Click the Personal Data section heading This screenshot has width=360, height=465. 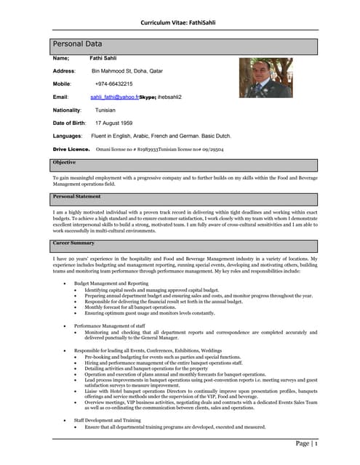pos(81,45)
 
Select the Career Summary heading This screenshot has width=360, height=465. pos(73,243)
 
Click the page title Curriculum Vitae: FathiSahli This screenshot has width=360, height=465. pos(180,22)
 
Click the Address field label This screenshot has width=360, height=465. pos(65,70)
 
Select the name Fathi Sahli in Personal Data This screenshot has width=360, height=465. pos(103,57)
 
